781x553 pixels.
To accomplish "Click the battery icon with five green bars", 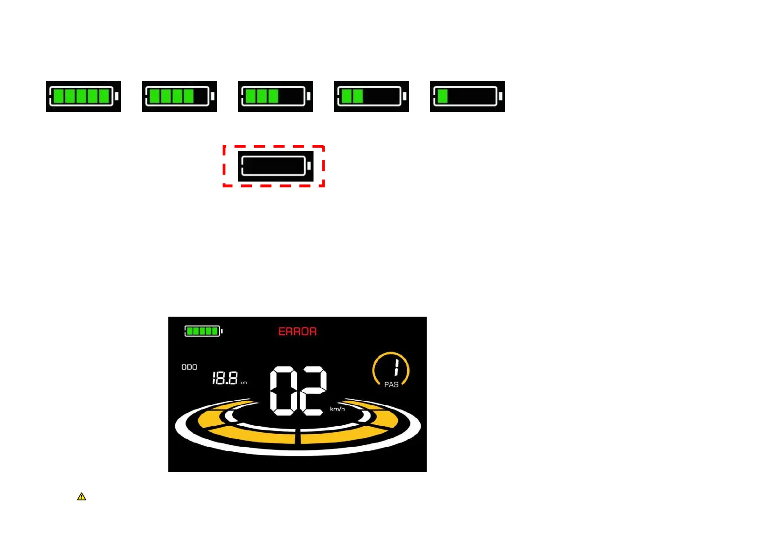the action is [x=83, y=97].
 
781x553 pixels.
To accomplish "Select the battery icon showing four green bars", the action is [x=179, y=97].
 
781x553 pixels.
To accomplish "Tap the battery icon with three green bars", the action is [x=275, y=97].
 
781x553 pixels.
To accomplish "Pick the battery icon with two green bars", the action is [x=371, y=97].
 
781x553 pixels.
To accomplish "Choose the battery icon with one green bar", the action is [x=467, y=97].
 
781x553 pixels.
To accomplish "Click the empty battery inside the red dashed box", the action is [x=275, y=166].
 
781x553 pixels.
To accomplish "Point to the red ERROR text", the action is [x=297, y=332].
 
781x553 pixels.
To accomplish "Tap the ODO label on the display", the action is [x=189, y=367].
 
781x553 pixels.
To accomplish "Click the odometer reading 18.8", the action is [x=225, y=378].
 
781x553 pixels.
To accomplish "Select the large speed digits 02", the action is [x=298, y=391].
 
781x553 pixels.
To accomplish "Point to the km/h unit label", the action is [x=337, y=409].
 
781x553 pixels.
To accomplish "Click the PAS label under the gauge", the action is [x=391, y=384].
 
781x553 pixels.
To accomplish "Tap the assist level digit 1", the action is [x=396, y=368].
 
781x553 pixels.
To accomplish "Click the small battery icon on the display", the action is [x=203, y=331].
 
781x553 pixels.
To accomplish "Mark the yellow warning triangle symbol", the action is [x=82, y=497].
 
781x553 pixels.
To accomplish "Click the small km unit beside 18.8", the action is [x=243, y=383].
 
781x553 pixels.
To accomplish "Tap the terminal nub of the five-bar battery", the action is [x=116, y=97].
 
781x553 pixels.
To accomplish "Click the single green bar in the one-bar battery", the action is [x=442, y=97].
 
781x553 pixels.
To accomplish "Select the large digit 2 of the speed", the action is [x=313, y=391].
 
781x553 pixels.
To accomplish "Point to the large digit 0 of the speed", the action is [x=283, y=391].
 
